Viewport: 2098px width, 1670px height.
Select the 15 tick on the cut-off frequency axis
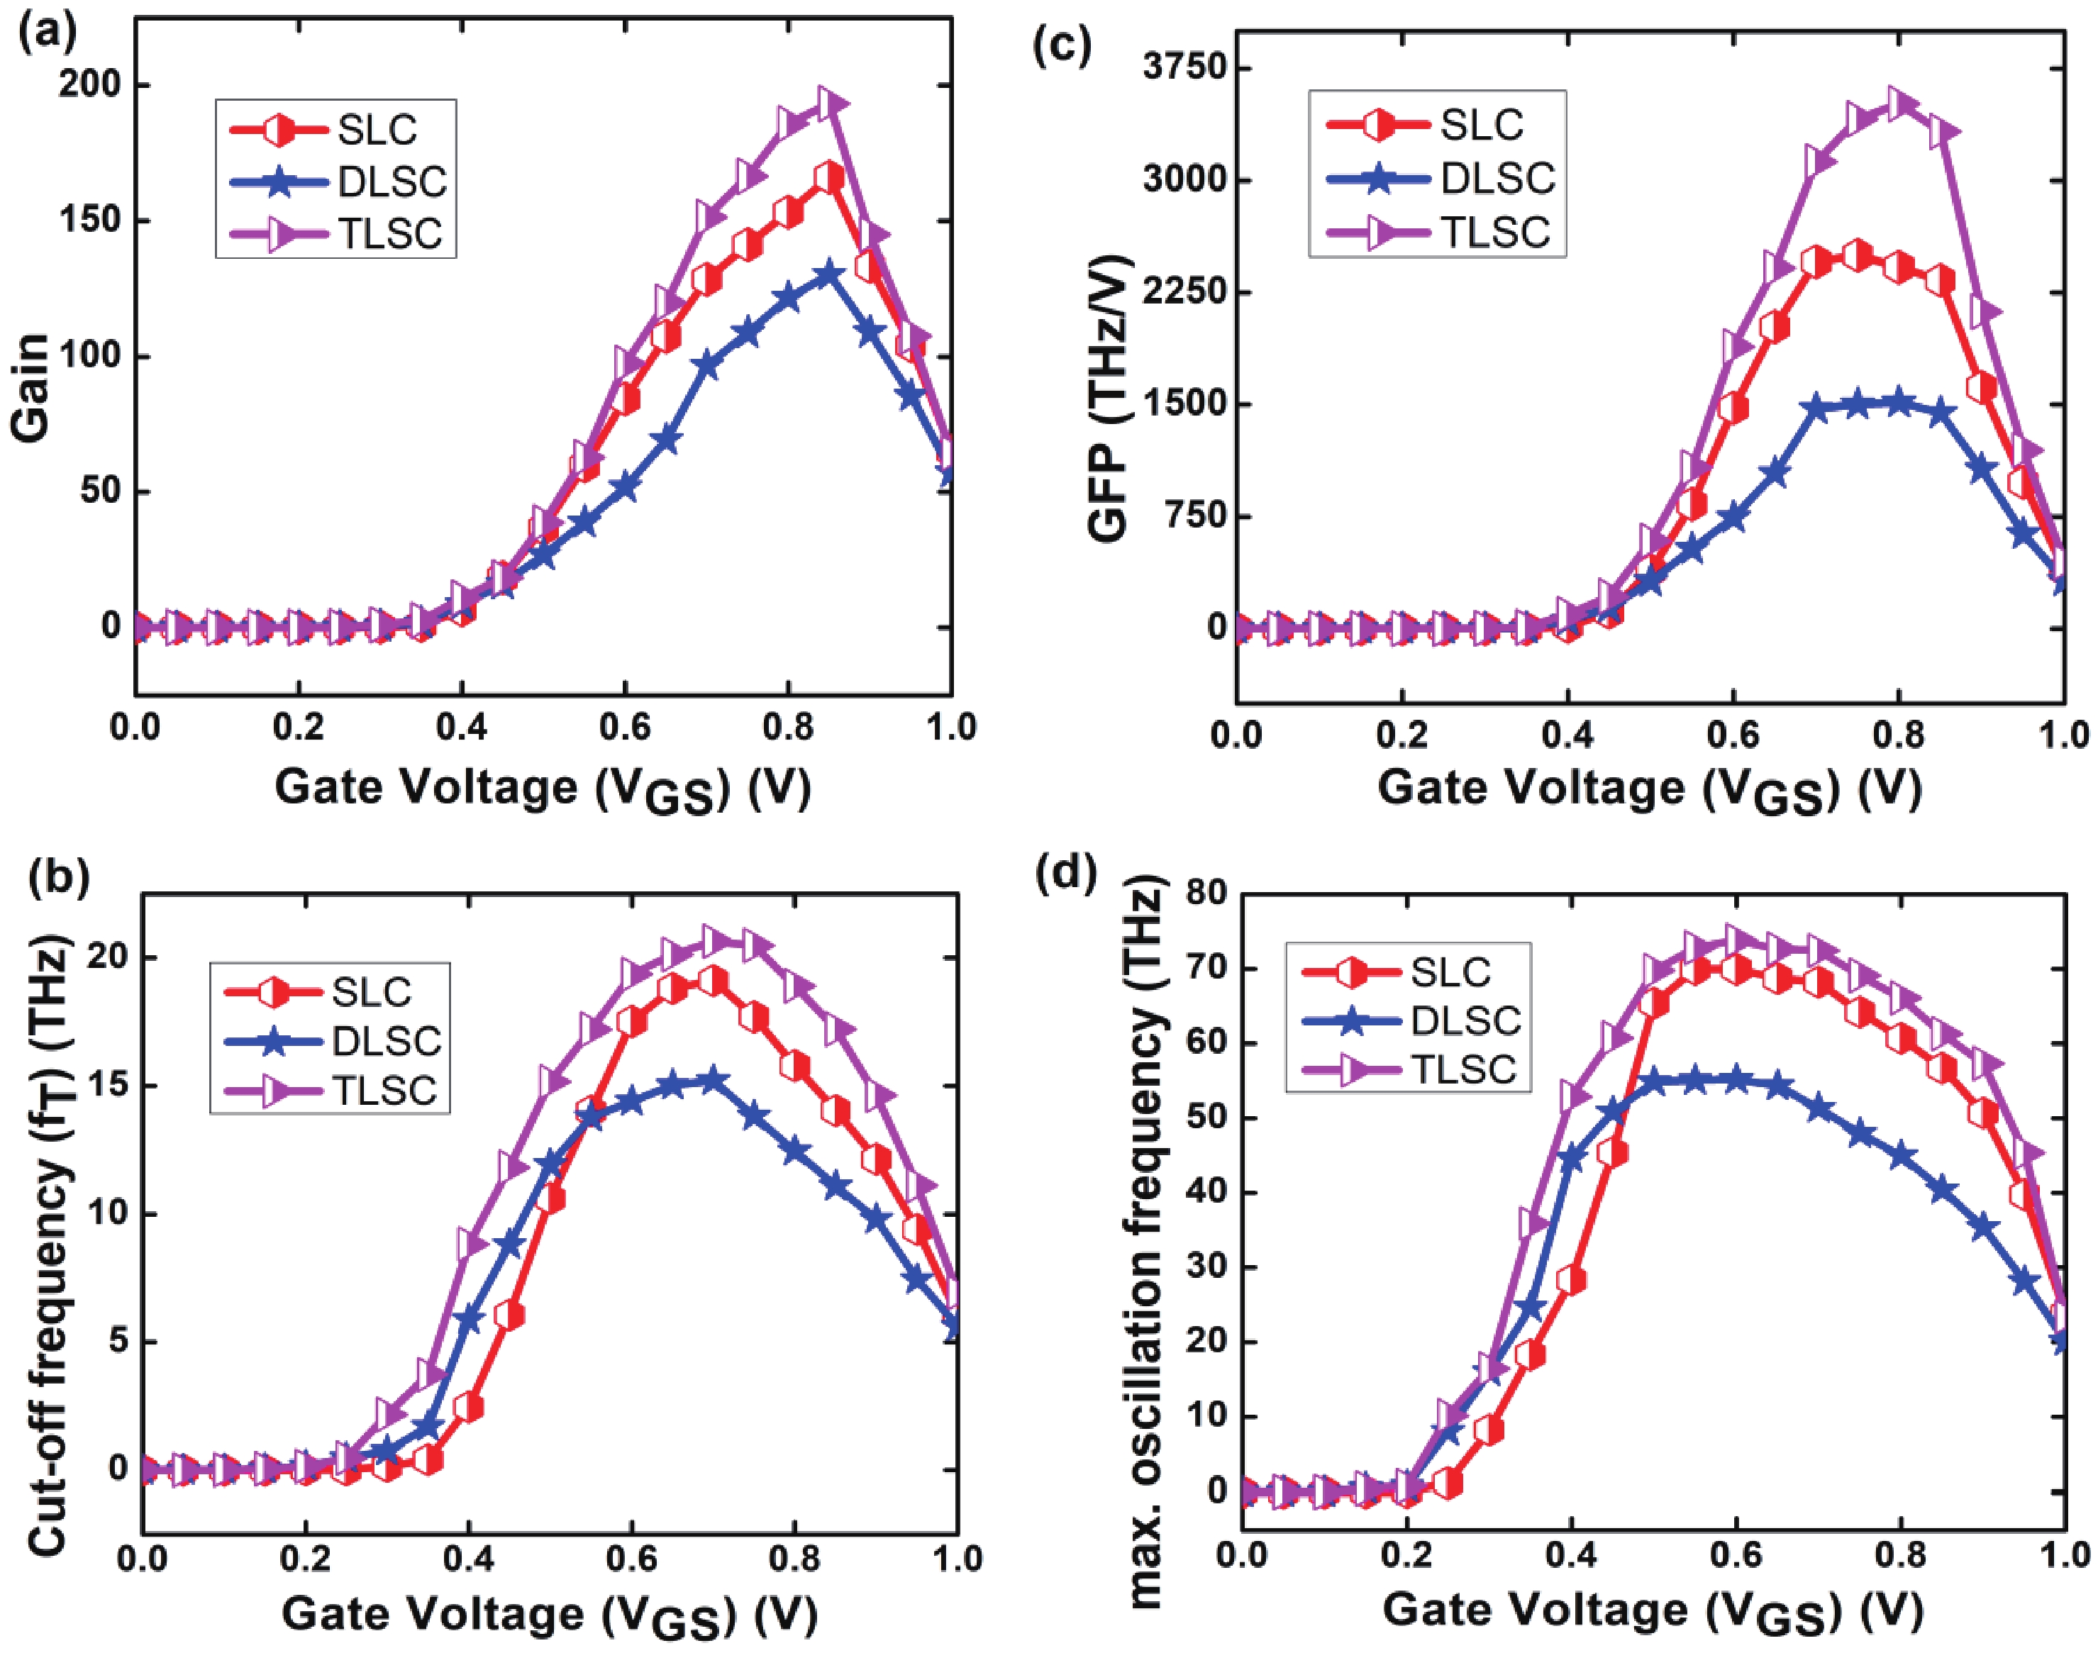click(106, 1086)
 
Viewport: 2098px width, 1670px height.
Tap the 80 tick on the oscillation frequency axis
click(1206, 892)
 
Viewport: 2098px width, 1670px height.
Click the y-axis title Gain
click(31, 387)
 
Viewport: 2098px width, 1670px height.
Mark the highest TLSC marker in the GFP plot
click(1897, 103)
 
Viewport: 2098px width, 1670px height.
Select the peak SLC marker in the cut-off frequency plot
click(714, 980)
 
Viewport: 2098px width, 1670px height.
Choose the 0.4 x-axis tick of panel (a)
click(461, 726)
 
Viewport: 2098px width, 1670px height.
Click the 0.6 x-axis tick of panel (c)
click(1732, 734)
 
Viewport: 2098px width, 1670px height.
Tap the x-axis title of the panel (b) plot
click(550, 1615)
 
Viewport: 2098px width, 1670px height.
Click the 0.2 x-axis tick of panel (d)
click(1406, 1555)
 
